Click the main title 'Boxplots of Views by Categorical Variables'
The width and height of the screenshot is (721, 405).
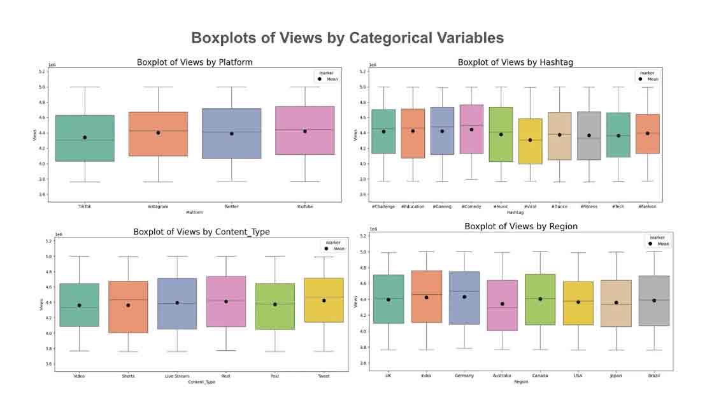click(x=347, y=38)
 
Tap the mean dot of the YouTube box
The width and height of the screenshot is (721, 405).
click(x=305, y=131)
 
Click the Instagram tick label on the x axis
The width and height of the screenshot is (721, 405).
click(x=158, y=206)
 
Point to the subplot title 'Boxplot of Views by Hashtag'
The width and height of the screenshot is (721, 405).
click(x=515, y=62)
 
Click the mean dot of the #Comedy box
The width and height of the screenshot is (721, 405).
click(x=471, y=129)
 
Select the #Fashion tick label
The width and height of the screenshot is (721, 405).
click(x=647, y=206)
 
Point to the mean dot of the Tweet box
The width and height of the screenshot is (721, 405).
click(x=324, y=301)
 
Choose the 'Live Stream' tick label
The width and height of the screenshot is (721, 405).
click(x=177, y=376)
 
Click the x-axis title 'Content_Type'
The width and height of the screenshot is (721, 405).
click(x=201, y=381)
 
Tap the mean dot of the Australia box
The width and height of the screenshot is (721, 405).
click(x=502, y=304)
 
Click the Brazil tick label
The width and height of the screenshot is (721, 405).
click(x=653, y=376)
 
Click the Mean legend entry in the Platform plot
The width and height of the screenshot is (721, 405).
click(x=329, y=80)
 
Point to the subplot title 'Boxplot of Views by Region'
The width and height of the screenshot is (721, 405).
click(x=521, y=226)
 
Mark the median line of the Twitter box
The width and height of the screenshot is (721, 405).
click(x=232, y=132)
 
